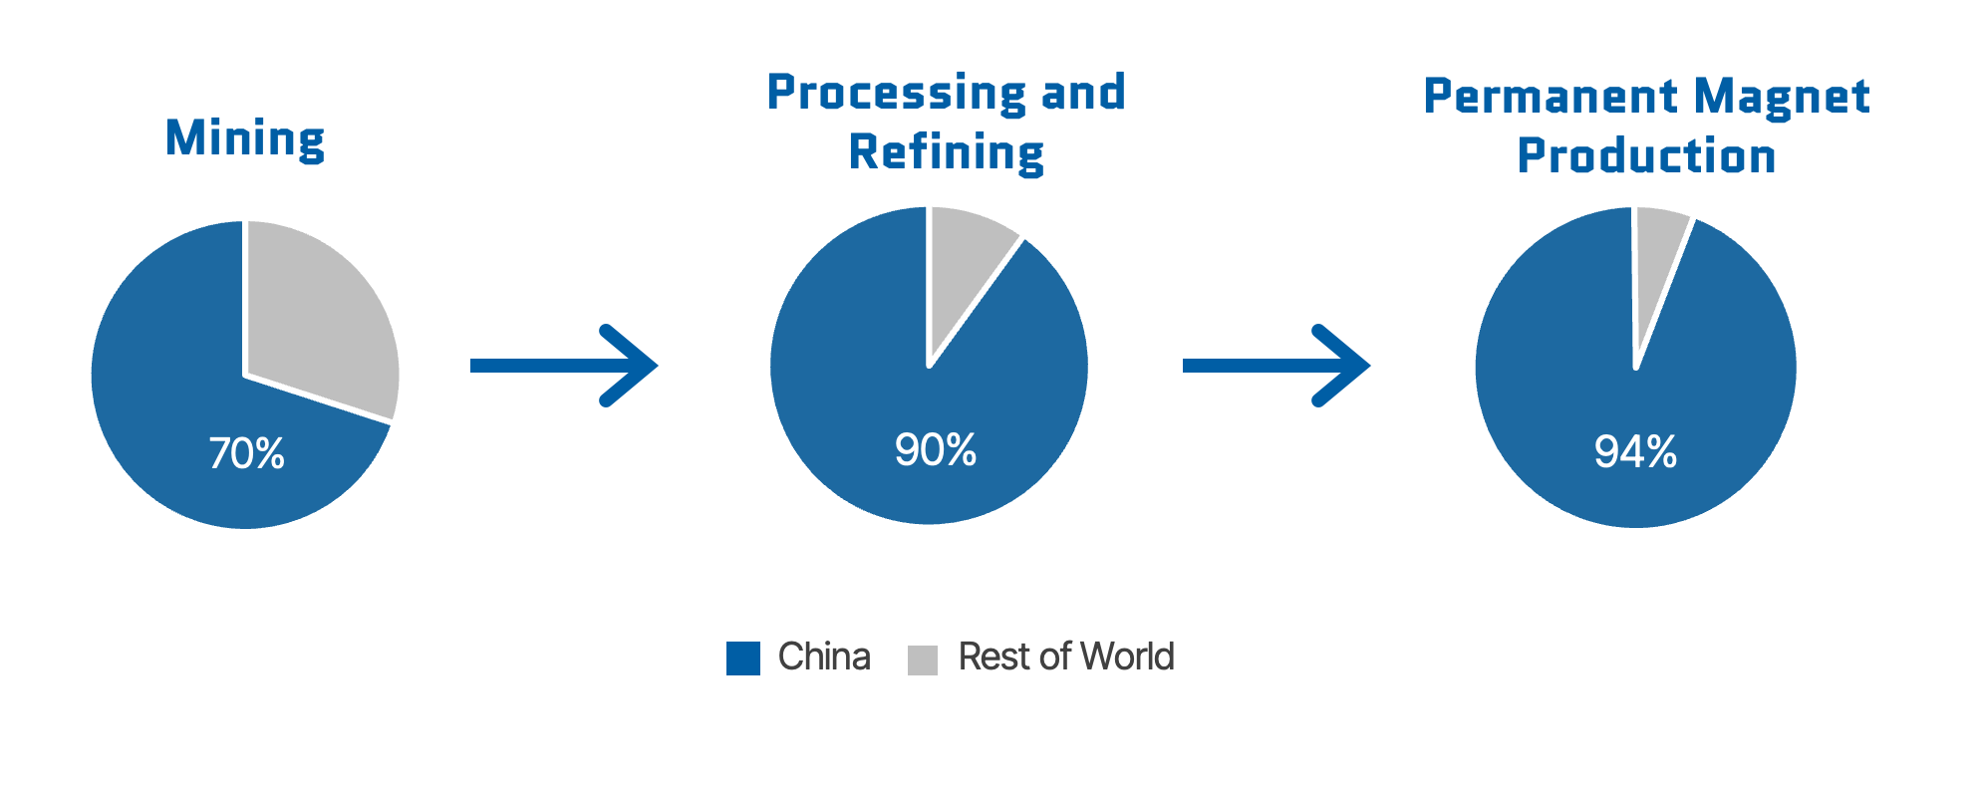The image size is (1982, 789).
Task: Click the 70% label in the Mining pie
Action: coord(246,454)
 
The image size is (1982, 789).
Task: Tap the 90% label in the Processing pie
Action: coord(935,450)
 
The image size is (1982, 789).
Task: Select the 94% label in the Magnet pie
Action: coord(1635,452)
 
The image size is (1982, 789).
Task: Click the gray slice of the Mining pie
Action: coord(319,309)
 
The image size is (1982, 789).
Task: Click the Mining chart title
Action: coord(245,138)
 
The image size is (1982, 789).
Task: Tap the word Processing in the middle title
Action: coord(896,93)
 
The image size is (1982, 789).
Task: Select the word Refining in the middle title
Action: coord(946,153)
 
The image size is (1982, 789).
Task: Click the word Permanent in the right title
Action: coord(1551,97)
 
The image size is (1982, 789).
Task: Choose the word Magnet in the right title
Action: coord(1781,97)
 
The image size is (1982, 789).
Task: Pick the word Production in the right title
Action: coord(1646,156)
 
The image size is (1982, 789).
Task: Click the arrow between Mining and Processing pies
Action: coord(563,366)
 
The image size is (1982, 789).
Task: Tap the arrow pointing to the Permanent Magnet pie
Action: coord(1275,366)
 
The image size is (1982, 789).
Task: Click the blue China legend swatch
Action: coord(742,658)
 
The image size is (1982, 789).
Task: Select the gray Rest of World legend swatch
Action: coord(922,659)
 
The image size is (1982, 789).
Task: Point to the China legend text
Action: coord(824,657)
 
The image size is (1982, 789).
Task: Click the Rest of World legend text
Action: coord(1065,657)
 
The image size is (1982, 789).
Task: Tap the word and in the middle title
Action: coord(1083,93)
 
